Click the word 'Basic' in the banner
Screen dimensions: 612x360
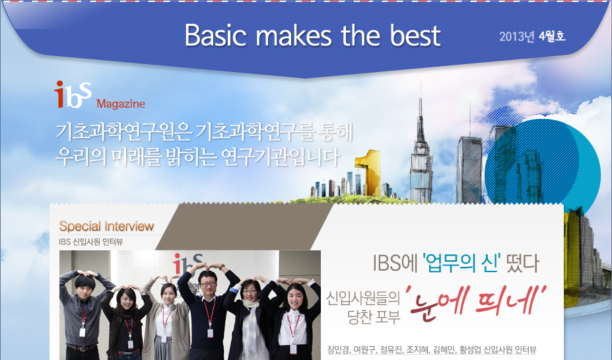pyautogui.click(x=215, y=35)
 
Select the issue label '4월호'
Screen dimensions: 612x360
pyautogui.click(x=552, y=36)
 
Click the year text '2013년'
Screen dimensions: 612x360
pyautogui.click(x=517, y=36)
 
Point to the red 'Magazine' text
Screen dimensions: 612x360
pyautogui.click(x=121, y=104)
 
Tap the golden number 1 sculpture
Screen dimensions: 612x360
pyautogui.click(x=368, y=172)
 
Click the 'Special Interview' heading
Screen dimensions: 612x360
pyautogui.click(x=106, y=226)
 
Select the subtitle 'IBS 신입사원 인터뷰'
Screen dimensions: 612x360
pyautogui.click(x=91, y=242)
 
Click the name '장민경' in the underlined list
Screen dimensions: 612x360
pyautogui.click(x=338, y=349)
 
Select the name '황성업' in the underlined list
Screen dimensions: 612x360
pyautogui.click(x=470, y=349)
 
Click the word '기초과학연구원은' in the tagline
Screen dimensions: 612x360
pyautogui.click(x=123, y=132)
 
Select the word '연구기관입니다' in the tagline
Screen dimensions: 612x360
pyautogui.click(x=280, y=157)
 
